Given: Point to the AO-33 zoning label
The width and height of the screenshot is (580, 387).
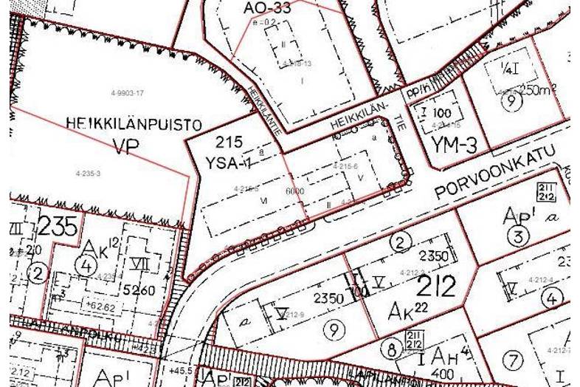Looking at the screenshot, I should pyautogui.click(x=266, y=8).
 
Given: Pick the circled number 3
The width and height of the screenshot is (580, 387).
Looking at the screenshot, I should pyautogui.click(x=519, y=237).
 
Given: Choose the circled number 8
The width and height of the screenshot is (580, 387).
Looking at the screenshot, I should pyautogui.click(x=390, y=348).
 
